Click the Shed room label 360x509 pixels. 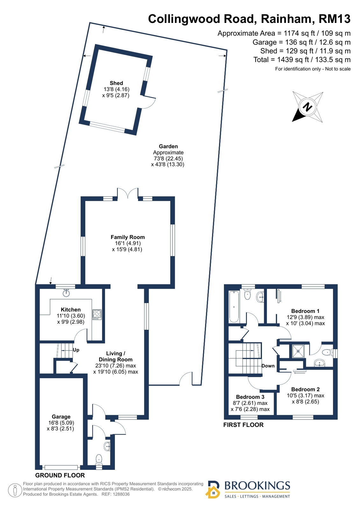(x=116, y=83)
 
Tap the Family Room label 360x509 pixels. (x=128, y=237)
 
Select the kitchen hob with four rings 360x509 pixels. (x=97, y=315)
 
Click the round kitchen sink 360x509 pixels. (x=66, y=293)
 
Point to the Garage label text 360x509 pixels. (x=61, y=417)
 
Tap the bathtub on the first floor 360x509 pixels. (x=234, y=307)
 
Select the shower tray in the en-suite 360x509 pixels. (x=298, y=351)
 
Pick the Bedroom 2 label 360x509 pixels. (x=305, y=390)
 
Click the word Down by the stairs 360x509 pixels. (x=268, y=366)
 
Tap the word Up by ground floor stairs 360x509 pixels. (x=76, y=350)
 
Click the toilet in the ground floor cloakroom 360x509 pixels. (x=99, y=459)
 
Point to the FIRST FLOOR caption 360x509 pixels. (x=243, y=425)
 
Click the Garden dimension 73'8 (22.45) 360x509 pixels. (x=168, y=159)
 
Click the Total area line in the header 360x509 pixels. (x=302, y=60)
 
